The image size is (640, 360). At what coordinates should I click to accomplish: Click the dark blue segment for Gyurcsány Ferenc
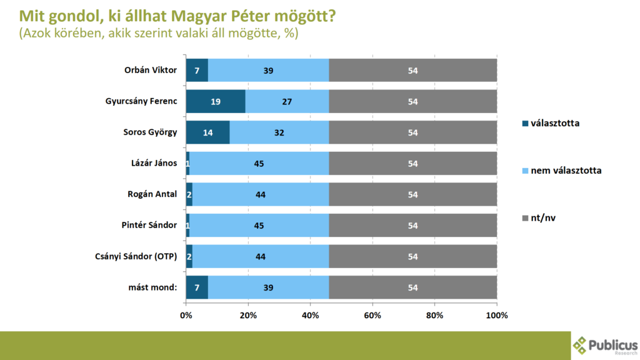click(216, 101)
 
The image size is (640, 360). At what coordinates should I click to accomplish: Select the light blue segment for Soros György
click(279, 132)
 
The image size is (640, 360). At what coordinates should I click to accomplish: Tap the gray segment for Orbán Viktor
click(412, 71)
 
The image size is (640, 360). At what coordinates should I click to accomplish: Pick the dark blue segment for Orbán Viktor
click(197, 71)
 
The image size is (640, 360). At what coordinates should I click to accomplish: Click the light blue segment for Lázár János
click(259, 163)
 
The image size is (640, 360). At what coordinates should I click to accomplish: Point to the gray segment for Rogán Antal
click(412, 194)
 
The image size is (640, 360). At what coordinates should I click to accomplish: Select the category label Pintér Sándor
click(148, 225)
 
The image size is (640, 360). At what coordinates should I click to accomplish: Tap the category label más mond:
click(152, 287)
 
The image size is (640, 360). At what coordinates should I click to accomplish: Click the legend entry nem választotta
click(566, 170)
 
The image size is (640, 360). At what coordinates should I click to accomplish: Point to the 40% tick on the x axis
click(311, 315)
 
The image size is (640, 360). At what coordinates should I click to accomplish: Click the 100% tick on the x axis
click(497, 315)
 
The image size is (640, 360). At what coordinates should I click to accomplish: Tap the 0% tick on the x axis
click(186, 315)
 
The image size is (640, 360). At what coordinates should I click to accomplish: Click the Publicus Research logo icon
click(581, 344)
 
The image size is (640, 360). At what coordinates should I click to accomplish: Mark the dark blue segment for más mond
click(197, 287)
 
